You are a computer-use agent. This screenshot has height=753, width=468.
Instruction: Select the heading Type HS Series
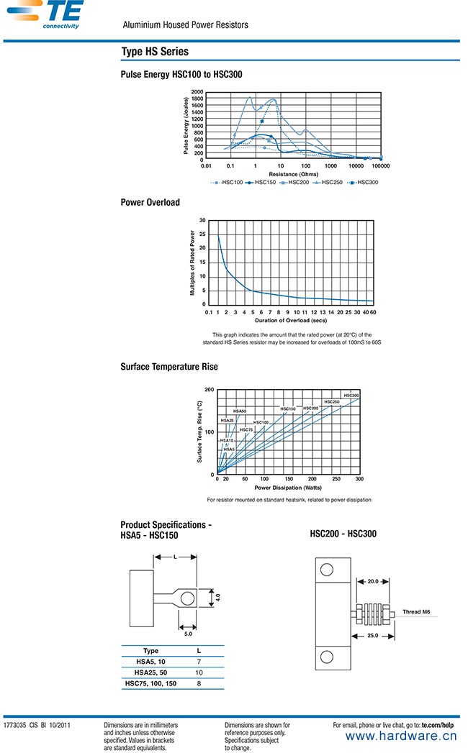pos(155,52)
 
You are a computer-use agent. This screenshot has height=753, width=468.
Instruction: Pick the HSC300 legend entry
pos(363,182)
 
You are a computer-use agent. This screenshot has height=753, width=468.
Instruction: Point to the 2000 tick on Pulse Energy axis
pos(197,92)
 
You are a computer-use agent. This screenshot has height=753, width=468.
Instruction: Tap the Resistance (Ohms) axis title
pos(293,174)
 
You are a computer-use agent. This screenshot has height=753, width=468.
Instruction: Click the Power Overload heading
pos(150,202)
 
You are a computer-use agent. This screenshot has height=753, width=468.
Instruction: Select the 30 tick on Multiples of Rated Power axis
pos(202,220)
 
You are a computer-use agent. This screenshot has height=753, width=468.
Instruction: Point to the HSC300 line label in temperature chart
pos(351,396)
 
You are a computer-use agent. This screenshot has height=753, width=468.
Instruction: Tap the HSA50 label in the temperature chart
pos(239,411)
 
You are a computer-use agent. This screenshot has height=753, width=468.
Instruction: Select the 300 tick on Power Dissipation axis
pos(359,479)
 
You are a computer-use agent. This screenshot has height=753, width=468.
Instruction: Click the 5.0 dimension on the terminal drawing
pos(187,634)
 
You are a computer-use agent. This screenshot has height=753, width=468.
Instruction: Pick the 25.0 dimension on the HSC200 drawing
pos(372,636)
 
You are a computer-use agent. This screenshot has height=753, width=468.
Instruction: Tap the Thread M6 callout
pos(417,612)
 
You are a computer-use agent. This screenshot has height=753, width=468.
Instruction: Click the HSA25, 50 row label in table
pos(150,672)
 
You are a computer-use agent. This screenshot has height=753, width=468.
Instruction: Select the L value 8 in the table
pos(199,684)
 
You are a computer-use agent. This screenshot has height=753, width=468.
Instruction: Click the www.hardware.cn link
pos(401,736)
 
